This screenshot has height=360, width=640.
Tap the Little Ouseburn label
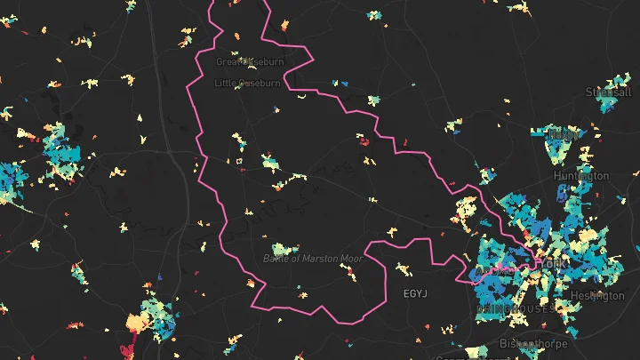pos(247,83)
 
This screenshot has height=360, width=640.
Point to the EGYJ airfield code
pos(416,292)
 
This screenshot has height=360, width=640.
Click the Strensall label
pos(608,92)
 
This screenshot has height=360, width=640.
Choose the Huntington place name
pos(581,176)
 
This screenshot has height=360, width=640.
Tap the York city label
pos(550,264)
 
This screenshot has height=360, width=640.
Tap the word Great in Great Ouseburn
pos(228,61)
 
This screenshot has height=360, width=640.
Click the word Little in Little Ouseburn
pos(226,83)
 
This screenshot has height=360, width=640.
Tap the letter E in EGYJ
pos(406,292)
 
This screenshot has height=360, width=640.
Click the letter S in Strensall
pos(588,92)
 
